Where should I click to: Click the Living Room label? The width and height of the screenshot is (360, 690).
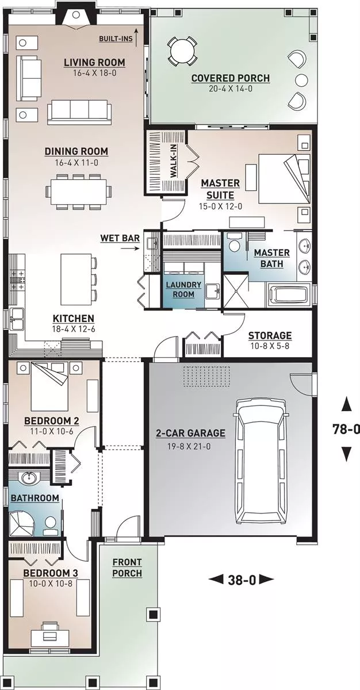click(x=94, y=63)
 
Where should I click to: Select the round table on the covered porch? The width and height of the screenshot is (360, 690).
click(x=182, y=51)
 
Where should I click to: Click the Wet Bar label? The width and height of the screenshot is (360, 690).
click(x=120, y=238)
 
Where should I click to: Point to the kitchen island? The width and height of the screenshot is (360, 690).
click(x=76, y=279)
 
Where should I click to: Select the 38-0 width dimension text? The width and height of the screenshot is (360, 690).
click(x=242, y=580)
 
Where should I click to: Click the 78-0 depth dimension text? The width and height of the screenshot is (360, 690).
click(x=346, y=429)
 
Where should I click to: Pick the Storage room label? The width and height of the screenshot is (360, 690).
click(x=270, y=335)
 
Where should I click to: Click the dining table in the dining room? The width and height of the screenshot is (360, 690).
click(x=79, y=191)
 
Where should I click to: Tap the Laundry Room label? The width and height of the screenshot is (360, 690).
click(x=183, y=289)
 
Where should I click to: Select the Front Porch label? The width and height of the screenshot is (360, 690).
click(x=127, y=568)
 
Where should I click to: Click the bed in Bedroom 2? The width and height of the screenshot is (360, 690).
click(x=49, y=386)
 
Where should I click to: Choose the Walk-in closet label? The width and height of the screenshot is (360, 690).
click(x=173, y=162)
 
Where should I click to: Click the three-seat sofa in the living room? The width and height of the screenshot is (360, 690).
click(x=79, y=112)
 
